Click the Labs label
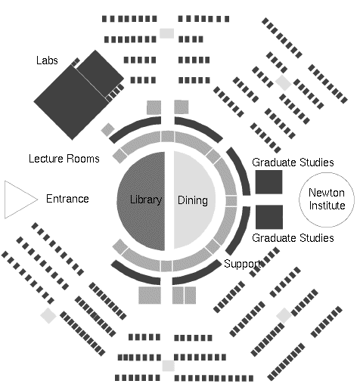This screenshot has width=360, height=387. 47,60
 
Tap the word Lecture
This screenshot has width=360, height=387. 46,159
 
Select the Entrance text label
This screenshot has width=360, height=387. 67,199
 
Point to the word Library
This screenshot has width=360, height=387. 146,200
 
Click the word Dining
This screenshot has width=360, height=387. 193,200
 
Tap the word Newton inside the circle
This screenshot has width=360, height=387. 327,193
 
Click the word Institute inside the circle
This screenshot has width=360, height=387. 327,206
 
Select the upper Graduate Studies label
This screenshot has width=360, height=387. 293,163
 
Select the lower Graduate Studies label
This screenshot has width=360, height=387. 293,238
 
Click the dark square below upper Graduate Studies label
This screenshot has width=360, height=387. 268,182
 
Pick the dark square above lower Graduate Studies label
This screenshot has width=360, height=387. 269,217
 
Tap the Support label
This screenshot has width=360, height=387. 242,264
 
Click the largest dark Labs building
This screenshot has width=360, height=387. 71,102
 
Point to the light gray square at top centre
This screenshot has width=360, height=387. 167,33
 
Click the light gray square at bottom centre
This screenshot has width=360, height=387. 168,366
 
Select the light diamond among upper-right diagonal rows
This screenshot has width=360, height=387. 284,82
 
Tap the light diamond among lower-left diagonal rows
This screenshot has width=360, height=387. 48,315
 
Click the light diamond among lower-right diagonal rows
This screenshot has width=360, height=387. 284,315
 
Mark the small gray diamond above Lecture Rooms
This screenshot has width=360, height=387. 107,129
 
